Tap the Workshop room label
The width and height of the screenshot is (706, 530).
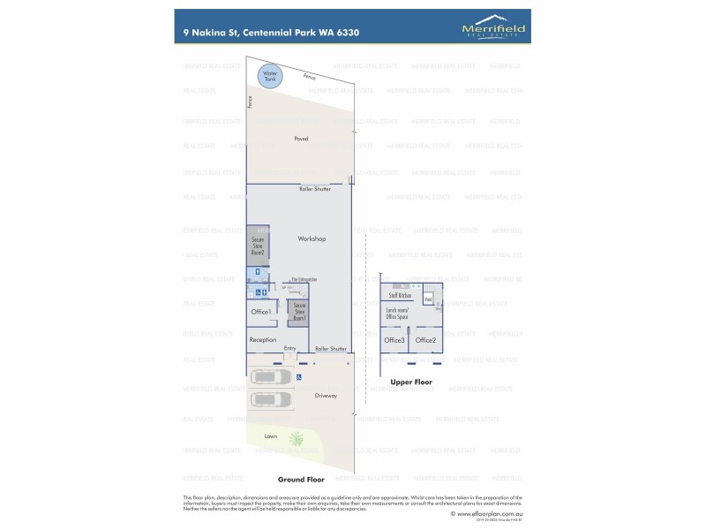click(x=312, y=239)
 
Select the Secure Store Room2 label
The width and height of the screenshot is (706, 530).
click(x=258, y=245)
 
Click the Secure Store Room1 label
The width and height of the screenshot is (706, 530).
click(x=299, y=312)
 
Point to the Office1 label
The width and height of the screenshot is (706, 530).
click(x=260, y=313)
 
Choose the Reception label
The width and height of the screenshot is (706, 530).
click(x=263, y=340)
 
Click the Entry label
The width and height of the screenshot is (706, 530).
click(x=290, y=348)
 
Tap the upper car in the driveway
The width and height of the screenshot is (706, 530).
click(x=273, y=377)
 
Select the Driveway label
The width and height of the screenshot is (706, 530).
click(x=326, y=396)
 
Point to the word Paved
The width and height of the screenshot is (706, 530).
click(x=301, y=140)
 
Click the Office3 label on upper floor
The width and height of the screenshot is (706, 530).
click(x=394, y=340)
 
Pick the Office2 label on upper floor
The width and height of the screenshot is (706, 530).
click(x=425, y=340)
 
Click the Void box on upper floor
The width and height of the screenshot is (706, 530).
click(x=427, y=299)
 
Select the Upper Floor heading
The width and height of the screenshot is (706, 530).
click(x=411, y=382)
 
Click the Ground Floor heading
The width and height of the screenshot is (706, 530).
click(x=297, y=480)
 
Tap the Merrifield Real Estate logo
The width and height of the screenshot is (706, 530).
click(x=493, y=30)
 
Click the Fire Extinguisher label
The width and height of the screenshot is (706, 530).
click(x=304, y=280)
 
